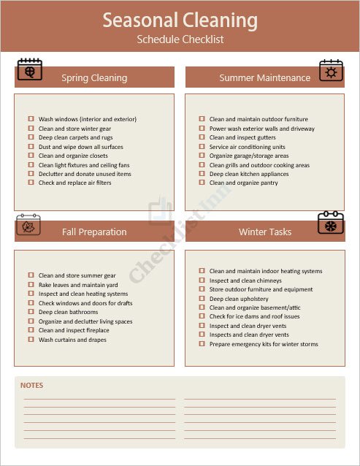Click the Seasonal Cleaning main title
pos(180,20)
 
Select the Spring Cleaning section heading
pos(94,77)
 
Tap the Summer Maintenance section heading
pos(264,77)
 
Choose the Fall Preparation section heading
pos(94,232)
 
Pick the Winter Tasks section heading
pos(264,232)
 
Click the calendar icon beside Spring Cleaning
pos(30,70)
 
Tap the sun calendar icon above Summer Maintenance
pos(331,71)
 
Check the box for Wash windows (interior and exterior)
pos(31,119)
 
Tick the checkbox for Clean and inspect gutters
pos(202,137)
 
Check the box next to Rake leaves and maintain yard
pos(31,285)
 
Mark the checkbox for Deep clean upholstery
pos(202,299)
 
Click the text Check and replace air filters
pos(74,183)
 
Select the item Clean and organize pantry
pos(243,183)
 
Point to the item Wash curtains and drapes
pos(72,340)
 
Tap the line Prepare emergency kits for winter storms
pos(264,344)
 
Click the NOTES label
pos(31,385)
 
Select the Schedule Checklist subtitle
pos(180,39)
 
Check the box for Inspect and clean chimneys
pos(202,280)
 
